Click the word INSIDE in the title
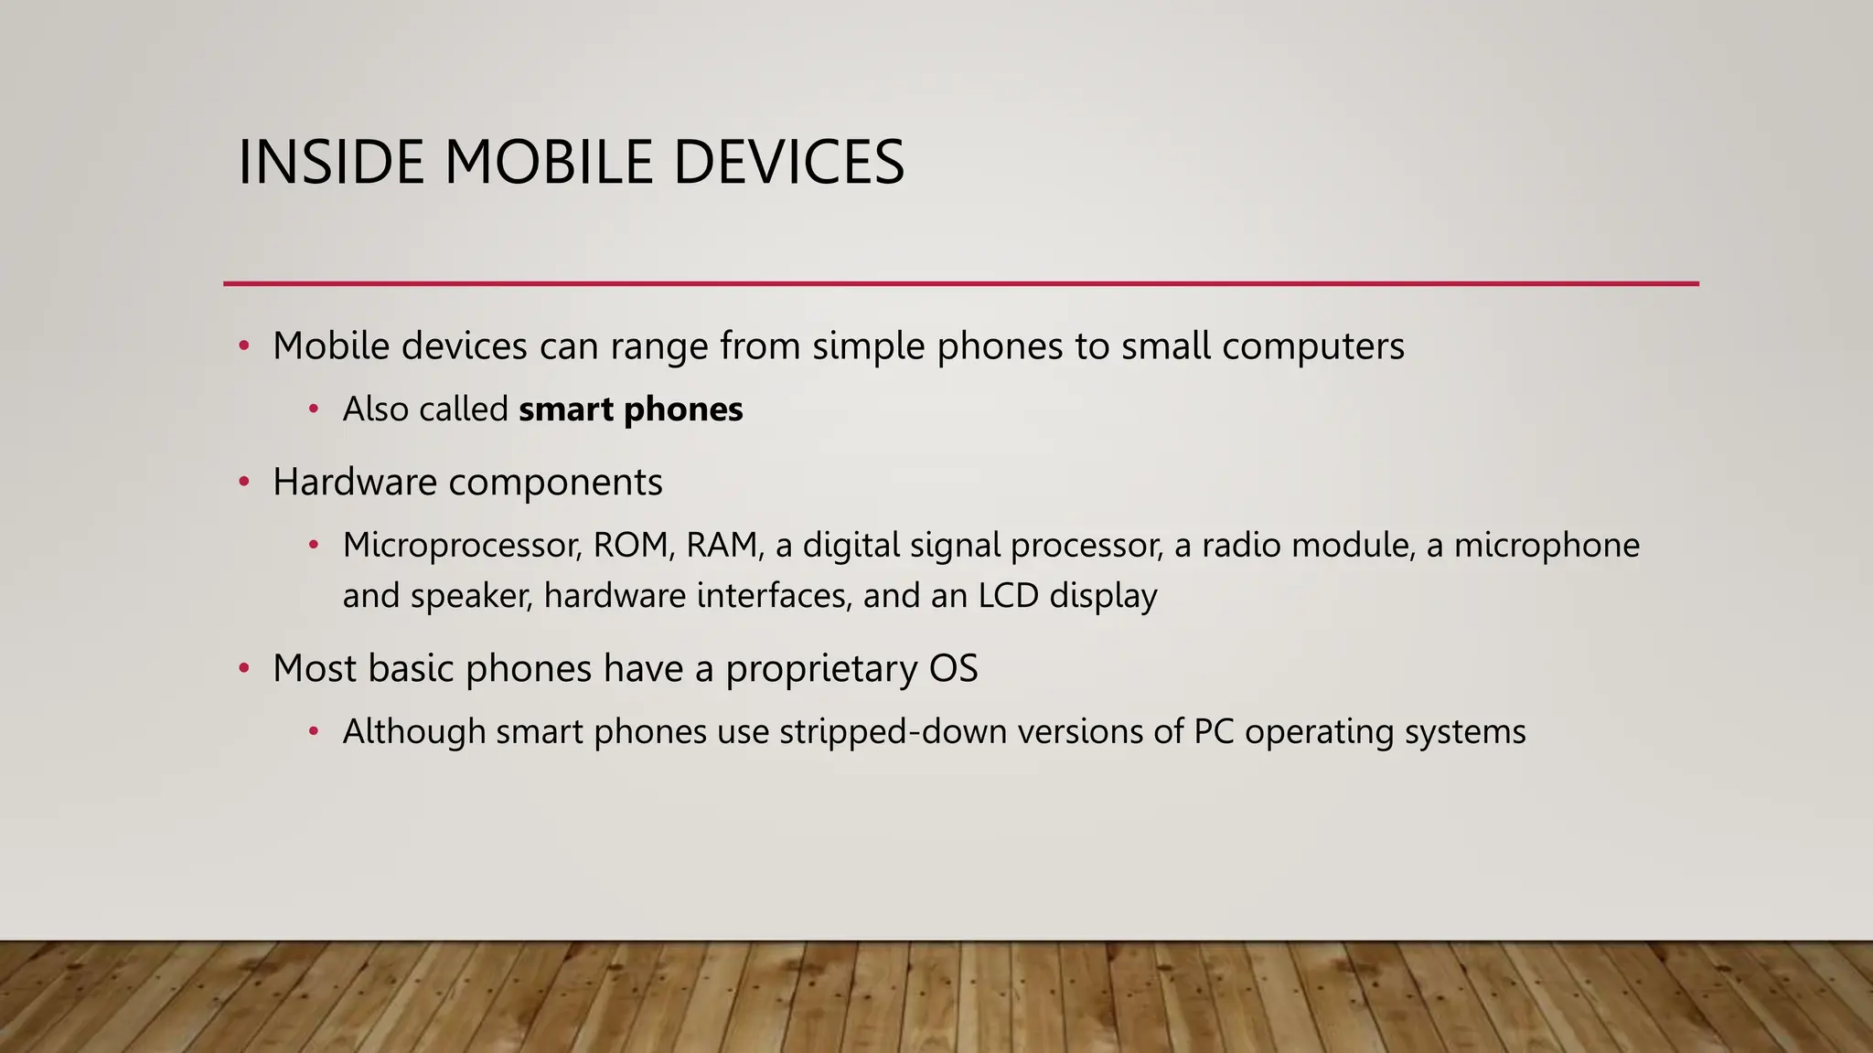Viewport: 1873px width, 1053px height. coord(331,163)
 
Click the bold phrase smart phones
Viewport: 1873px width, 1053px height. coord(630,409)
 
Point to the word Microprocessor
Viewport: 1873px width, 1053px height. coord(462,546)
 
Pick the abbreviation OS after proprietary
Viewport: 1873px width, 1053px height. coord(953,669)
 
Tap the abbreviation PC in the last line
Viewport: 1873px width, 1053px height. coord(1214,732)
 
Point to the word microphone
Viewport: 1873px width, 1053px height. coord(1547,546)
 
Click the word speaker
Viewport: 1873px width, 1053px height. coord(470,596)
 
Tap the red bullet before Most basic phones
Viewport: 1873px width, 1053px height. coord(244,669)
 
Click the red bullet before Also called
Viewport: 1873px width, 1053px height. coord(314,409)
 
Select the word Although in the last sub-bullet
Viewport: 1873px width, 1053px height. coord(413,732)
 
